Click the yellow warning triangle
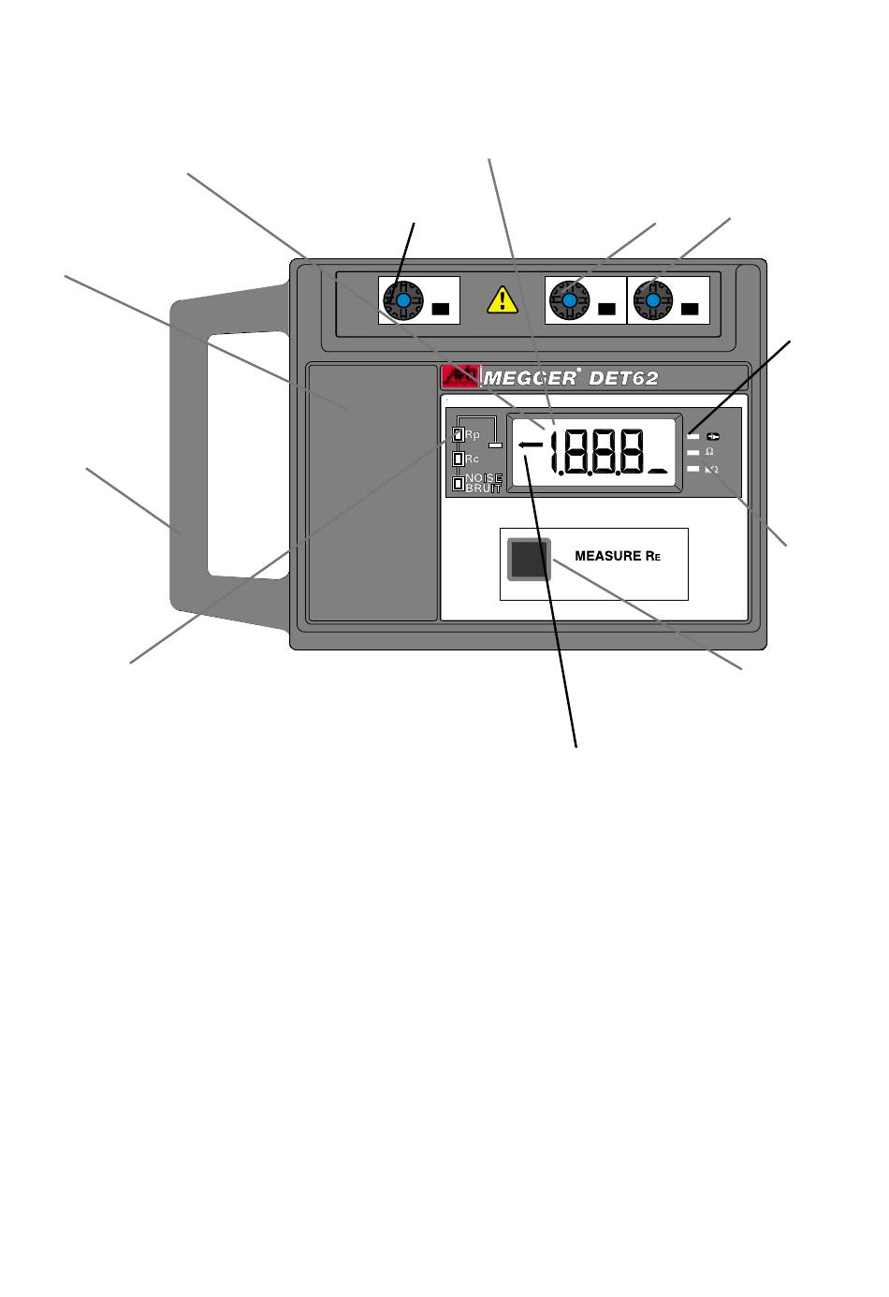point(503,299)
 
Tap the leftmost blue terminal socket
point(403,300)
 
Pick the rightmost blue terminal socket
point(650,300)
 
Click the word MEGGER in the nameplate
point(530,378)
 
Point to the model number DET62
point(623,378)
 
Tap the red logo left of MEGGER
point(460,377)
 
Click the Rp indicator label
point(471,435)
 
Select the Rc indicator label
point(471,459)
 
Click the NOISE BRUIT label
point(483,483)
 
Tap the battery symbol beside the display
point(713,436)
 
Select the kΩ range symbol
point(712,469)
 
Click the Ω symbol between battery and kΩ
point(709,452)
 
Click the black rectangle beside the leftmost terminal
point(440,308)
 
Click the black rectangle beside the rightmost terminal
point(690,308)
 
